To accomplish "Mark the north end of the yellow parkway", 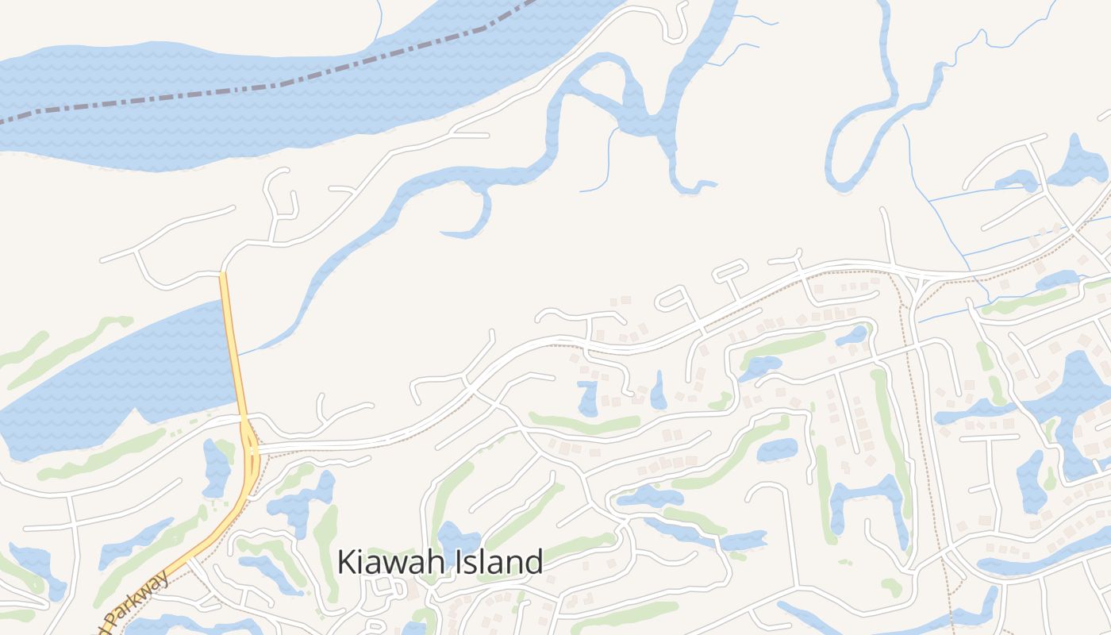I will [x=223, y=275].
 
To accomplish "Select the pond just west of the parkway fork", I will [x=216, y=468].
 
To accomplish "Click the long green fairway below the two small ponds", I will [x=585, y=424].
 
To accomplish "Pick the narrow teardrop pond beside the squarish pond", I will [x=659, y=391].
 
